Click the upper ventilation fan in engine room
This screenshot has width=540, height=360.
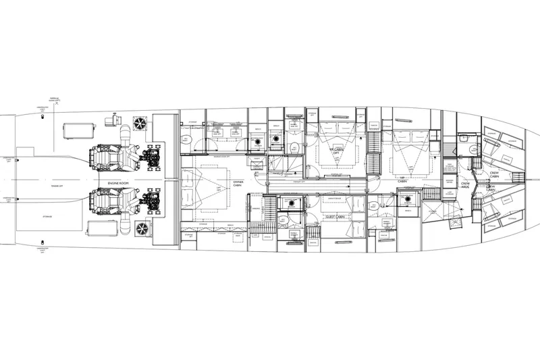coord(140,124)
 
